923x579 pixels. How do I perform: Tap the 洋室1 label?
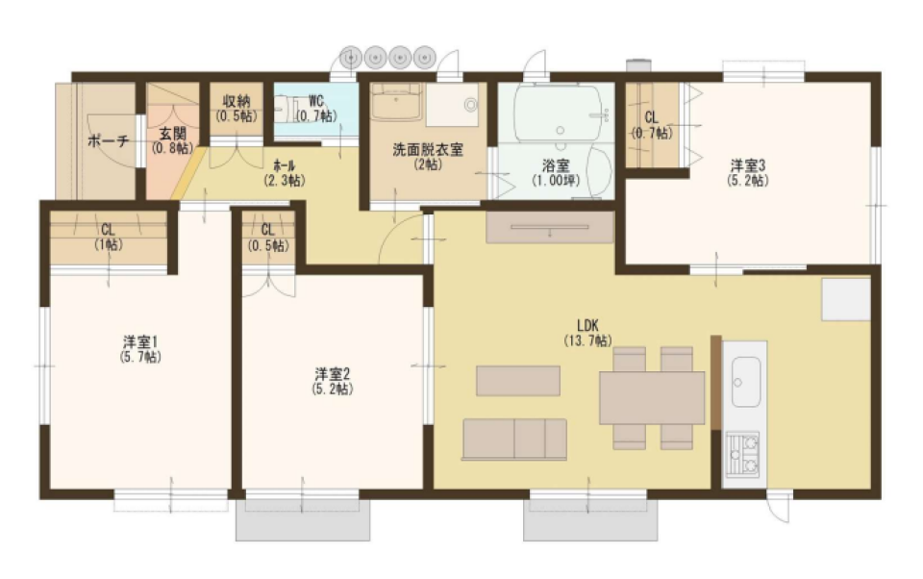coord(139,341)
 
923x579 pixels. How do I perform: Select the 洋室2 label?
coord(332,374)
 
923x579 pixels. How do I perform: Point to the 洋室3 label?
coord(746,164)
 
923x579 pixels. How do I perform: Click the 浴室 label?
coord(556,164)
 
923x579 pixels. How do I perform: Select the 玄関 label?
coord(173,134)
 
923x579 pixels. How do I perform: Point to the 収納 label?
coord(237,101)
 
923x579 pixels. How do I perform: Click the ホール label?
coord(284,164)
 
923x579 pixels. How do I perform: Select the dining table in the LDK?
coord(651,397)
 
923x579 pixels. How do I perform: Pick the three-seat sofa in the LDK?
coord(514,439)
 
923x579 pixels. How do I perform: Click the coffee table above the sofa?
coord(517,381)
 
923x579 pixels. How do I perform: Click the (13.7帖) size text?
coord(587,340)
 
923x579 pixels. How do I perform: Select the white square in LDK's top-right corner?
coord(844,300)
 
